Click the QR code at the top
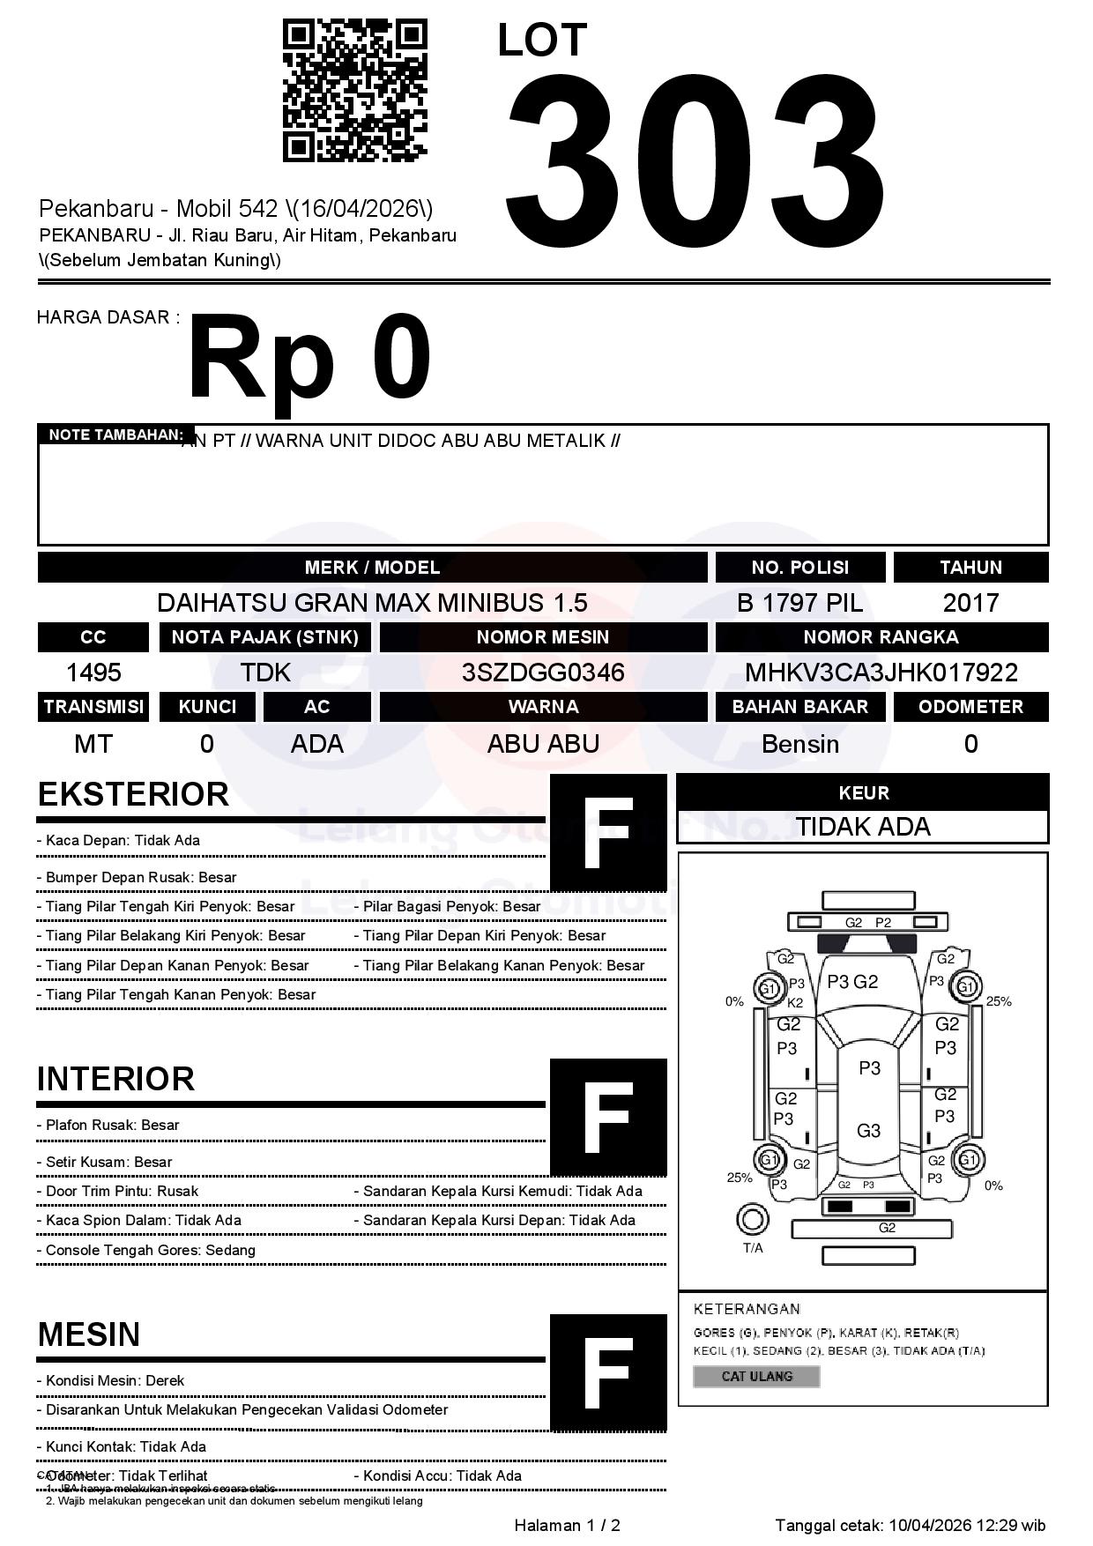354,92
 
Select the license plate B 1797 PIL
799,603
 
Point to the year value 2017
970,603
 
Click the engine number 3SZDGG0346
543,673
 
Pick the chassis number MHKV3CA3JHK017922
881,673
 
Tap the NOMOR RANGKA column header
881,637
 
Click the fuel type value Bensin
799,744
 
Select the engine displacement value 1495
93,673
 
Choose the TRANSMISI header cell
93,707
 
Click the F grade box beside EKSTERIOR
608,833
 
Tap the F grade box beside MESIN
608,1372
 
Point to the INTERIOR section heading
115,1079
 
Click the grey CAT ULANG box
756,1376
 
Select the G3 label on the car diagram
868,1131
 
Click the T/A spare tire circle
752,1220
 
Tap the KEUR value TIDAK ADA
863,827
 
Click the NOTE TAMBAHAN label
115,435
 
